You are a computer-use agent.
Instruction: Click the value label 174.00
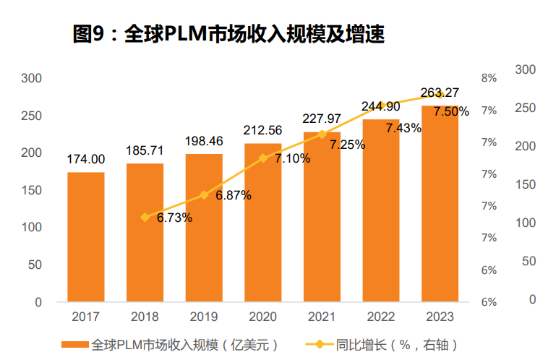click(x=86, y=159)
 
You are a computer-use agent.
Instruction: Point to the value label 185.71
click(x=145, y=150)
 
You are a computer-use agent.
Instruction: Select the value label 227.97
click(x=322, y=119)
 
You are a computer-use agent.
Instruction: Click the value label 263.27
click(x=440, y=92)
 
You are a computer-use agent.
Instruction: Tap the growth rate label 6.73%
click(x=174, y=218)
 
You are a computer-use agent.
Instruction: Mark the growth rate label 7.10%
click(x=293, y=158)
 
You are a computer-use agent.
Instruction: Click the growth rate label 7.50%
click(x=451, y=111)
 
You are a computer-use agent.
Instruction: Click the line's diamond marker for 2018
click(x=145, y=217)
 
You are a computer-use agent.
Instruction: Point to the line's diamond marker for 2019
click(x=204, y=194)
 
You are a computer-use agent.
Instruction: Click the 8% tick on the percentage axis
click(x=489, y=78)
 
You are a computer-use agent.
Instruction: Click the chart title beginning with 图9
click(x=228, y=33)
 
